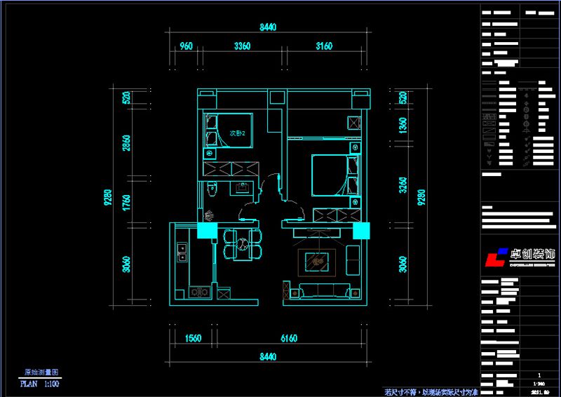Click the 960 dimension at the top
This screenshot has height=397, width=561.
click(186, 46)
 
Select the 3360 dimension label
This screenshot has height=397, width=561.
click(242, 46)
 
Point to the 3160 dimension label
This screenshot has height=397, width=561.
click(323, 46)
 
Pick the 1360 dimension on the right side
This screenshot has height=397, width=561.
click(402, 126)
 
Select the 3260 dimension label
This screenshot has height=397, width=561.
click(402, 185)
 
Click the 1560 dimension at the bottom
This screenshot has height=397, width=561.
click(193, 338)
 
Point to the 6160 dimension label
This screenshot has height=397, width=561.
click(290, 338)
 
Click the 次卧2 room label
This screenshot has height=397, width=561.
click(237, 133)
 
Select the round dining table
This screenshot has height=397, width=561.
click(242, 244)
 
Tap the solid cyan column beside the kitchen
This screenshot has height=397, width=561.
click(207, 231)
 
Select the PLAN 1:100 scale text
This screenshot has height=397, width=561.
click(39, 384)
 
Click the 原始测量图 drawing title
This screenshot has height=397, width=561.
click(41, 373)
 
